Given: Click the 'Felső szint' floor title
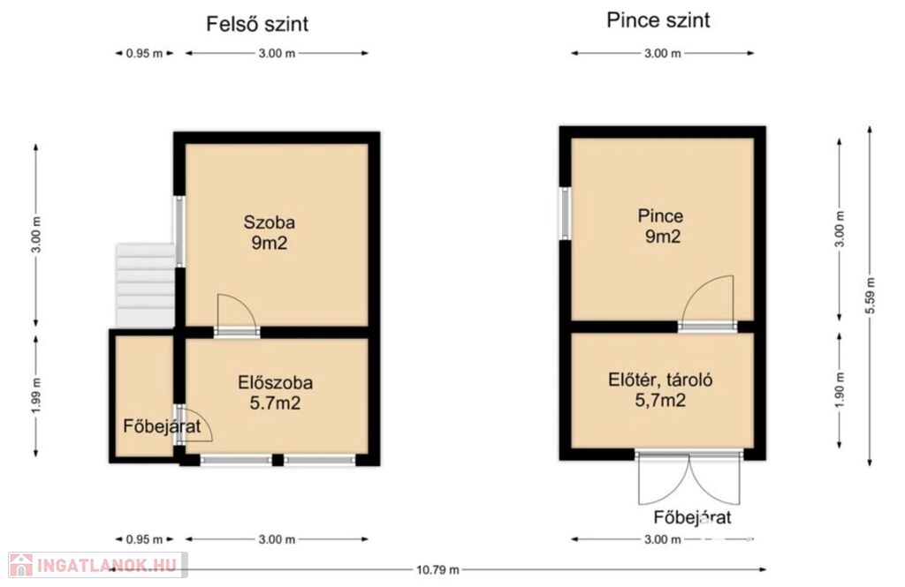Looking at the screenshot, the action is pyautogui.click(x=257, y=24).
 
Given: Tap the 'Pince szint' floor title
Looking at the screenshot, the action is pyautogui.click(x=658, y=20).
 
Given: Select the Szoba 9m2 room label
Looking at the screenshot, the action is pyautogui.click(x=269, y=232).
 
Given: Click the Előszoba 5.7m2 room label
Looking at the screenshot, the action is pyautogui.click(x=276, y=393).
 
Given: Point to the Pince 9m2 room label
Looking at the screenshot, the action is pyautogui.click(x=661, y=226).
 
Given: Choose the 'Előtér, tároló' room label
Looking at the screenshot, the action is pyautogui.click(x=660, y=380).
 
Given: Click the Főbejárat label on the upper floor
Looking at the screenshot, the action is pyautogui.click(x=163, y=426).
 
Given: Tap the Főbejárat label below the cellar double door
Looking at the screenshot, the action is pyautogui.click(x=692, y=517).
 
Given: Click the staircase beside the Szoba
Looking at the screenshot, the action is pyautogui.click(x=146, y=286).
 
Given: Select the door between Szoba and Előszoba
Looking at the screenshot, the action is pyautogui.click(x=237, y=314).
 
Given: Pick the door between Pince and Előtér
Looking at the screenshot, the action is pyautogui.click(x=708, y=304).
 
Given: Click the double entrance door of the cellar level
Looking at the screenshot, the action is pyautogui.click(x=689, y=478).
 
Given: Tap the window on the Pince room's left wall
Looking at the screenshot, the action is pyautogui.click(x=566, y=214).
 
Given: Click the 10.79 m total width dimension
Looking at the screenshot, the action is pyautogui.click(x=438, y=569).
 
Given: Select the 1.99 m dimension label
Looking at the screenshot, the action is pyautogui.click(x=36, y=395).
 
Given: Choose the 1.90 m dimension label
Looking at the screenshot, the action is pyautogui.click(x=840, y=390).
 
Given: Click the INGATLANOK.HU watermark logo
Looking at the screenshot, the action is pyautogui.click(x=97, y=565).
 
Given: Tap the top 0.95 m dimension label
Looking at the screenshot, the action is pyautogui.click(x=145, y=54).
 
